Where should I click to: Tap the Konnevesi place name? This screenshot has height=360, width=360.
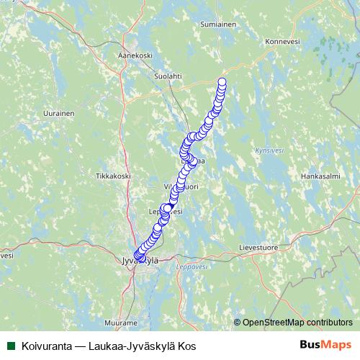282,42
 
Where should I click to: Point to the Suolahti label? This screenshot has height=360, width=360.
168,75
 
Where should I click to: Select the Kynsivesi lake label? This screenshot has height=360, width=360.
268,151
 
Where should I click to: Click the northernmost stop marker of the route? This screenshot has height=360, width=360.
222,81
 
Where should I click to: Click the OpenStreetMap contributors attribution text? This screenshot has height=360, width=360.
297,322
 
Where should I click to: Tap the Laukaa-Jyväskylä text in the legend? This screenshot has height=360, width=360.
130,345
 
